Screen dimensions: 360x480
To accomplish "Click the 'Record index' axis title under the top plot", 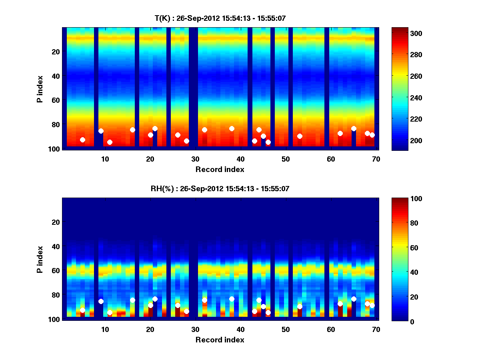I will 220,169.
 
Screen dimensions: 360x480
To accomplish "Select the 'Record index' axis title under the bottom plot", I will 220,340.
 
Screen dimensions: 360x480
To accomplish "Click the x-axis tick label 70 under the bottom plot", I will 376,330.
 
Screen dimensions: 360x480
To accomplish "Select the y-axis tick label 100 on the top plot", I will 55,149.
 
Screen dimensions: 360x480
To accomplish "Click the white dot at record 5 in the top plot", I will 82,140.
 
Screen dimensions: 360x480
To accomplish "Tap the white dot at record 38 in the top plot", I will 232,128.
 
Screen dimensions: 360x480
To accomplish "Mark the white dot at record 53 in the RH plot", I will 300,306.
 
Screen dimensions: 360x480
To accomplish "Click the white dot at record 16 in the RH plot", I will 132,300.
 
